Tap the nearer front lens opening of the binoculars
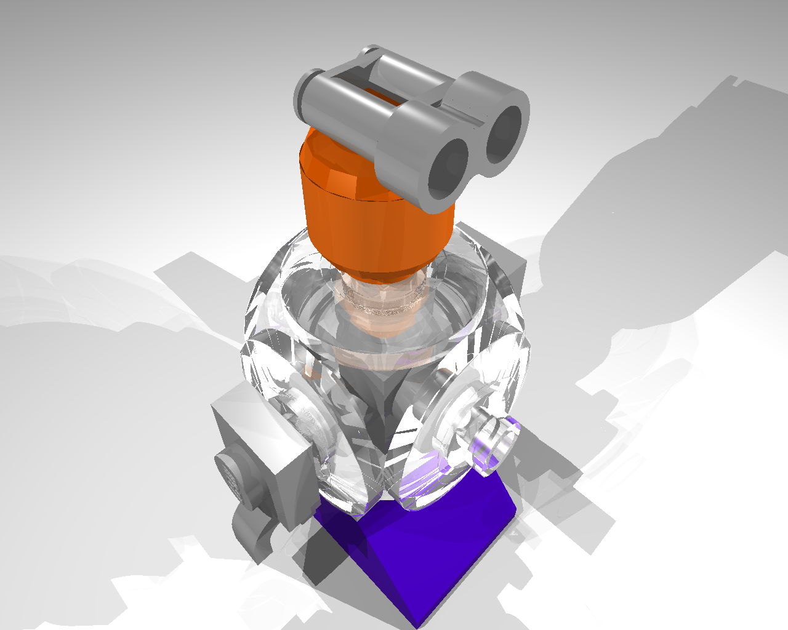pos(448,164)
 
